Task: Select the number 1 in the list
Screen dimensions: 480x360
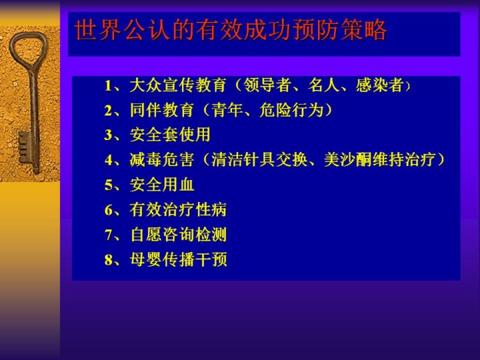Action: click(x=108, y=86)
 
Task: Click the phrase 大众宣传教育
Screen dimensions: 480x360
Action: click(x=178, y=85)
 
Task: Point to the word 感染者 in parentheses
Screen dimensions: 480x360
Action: click(x=379, y=85)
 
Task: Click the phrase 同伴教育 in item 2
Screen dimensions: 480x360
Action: click(x=161, y=110)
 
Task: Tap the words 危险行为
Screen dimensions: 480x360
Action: click(x=291, y=110)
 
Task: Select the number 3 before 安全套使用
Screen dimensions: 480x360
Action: click(x=109, y=135)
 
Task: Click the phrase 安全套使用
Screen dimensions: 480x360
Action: click(x=170, y=135)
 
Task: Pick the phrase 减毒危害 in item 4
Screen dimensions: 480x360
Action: click(x=161, y=159)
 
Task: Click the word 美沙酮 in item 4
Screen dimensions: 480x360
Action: click(x=347, y=159)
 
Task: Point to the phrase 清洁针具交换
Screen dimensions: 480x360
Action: click(x=259, y=159)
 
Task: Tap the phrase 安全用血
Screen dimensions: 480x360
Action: click(x=162, y=185)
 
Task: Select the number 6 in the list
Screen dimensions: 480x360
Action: click(x=109, y=210)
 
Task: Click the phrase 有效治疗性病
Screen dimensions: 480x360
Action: click(x=178, y=210)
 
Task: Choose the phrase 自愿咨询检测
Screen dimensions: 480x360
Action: click(x=178, y=235)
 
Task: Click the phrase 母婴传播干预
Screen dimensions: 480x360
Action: click(x=178, y=259)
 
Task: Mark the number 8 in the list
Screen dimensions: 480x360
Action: click(x=109, y=260)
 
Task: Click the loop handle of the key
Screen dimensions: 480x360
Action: click(x=12, y=49)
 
